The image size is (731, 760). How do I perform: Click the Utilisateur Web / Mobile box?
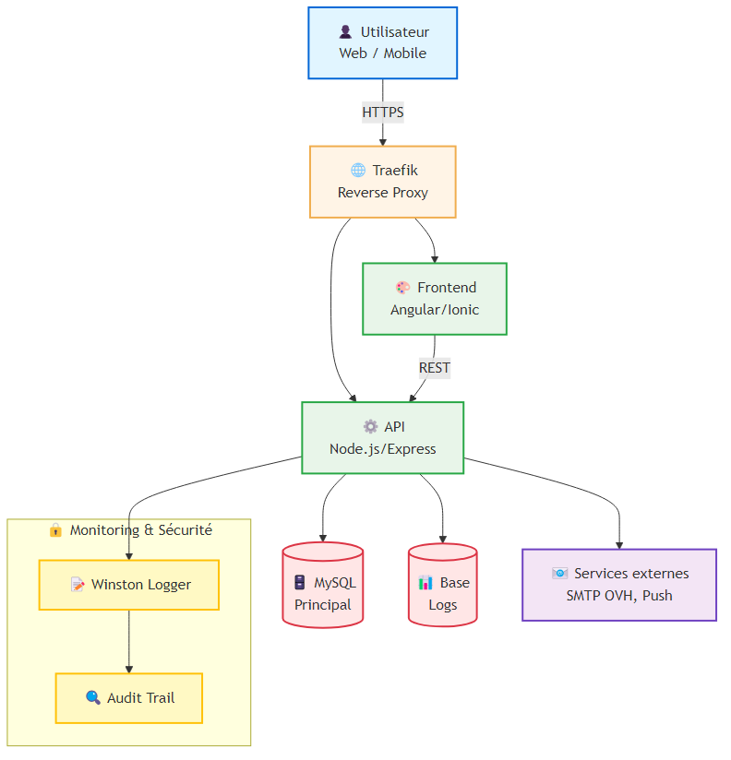[382, 42]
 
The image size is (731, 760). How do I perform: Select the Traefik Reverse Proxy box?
[383, 182]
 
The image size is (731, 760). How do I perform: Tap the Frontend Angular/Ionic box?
[435, 299]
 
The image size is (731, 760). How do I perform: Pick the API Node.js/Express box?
[383, 438]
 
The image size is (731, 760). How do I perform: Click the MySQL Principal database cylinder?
[322, 585]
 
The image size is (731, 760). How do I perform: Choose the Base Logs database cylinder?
[443, 585]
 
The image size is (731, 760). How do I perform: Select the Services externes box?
[619, 585]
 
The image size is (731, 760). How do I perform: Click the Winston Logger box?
[129, 585]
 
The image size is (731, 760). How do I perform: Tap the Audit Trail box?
[129, 698]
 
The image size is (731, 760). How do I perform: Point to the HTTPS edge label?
[383, 112]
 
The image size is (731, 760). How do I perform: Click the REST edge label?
[435, 368]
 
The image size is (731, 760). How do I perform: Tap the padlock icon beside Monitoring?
[55, 529]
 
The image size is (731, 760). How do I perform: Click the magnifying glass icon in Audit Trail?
[93, 697]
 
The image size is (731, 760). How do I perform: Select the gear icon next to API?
[371, 426]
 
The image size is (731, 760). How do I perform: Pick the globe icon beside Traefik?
[358, 170]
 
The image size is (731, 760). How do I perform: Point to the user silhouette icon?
[345, 32]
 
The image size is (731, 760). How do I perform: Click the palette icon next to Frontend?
[403, 288]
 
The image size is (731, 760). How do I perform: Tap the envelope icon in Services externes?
[559, 574]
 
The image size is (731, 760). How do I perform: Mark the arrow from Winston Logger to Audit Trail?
[129, 642]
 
